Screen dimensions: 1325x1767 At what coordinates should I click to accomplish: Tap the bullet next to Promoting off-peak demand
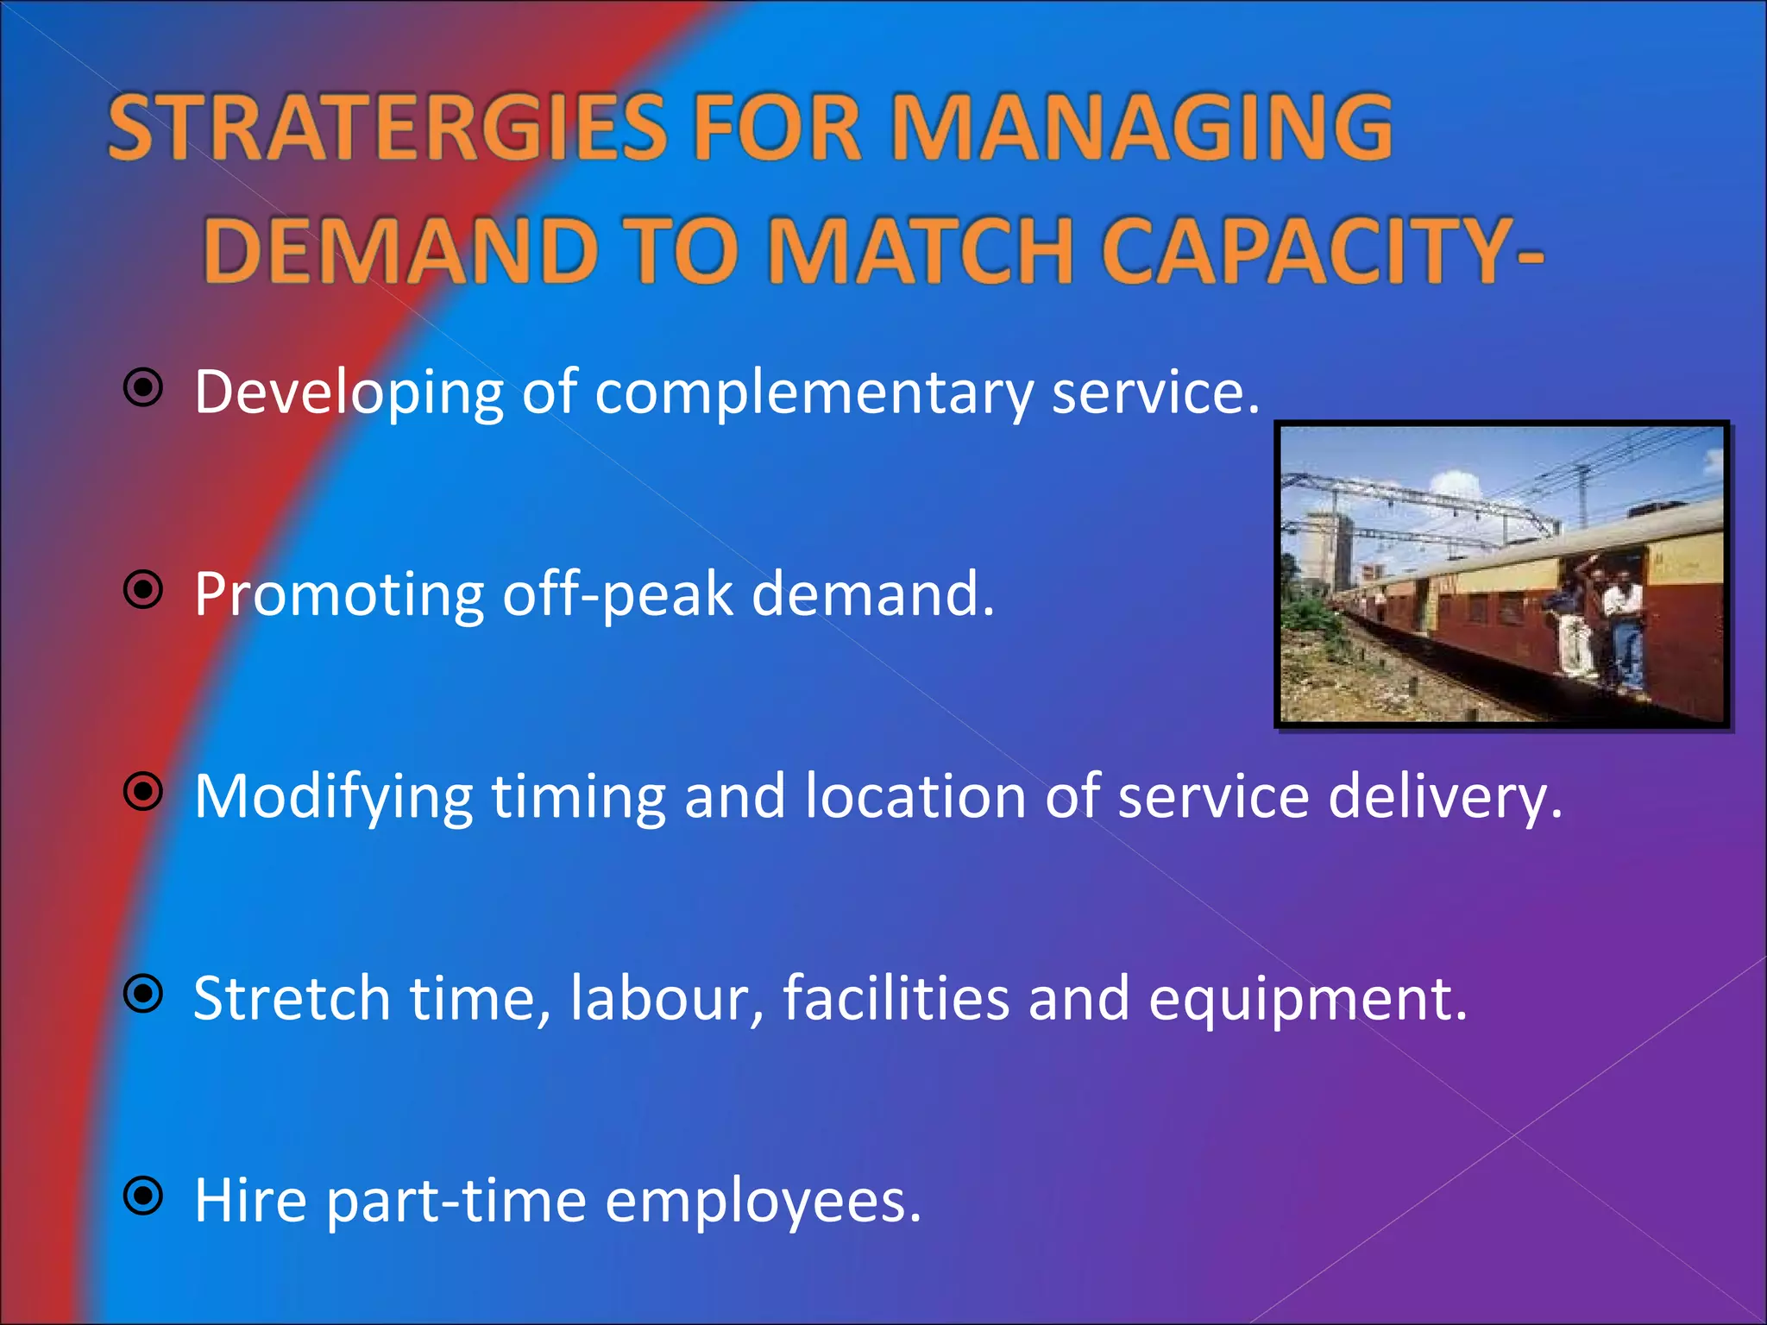143,591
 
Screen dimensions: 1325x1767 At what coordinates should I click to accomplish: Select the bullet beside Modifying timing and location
143,792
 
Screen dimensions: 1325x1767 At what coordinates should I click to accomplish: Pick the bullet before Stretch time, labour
143,995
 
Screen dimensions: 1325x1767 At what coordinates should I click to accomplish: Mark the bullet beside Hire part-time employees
143,1196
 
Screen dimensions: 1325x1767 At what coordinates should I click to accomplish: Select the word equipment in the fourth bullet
1306,998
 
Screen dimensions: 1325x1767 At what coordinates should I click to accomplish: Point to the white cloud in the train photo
1458,487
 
